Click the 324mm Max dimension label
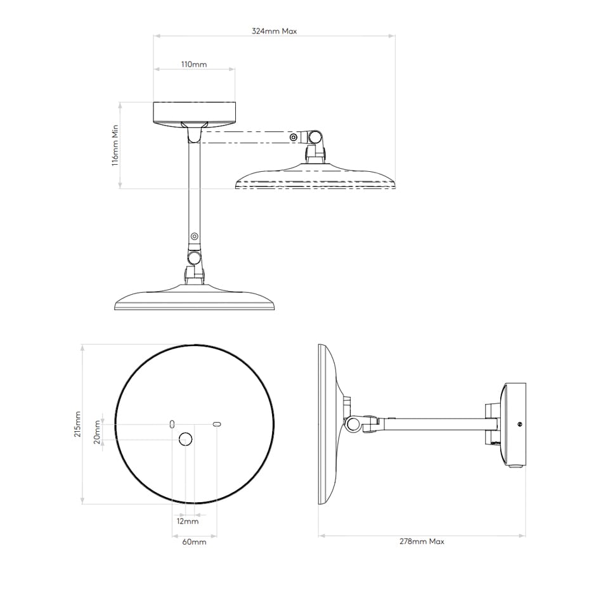pos(274,31)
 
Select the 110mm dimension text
pos(194,64)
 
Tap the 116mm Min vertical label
pos(115,145)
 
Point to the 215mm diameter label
pos(77,424)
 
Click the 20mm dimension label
pos(97,432)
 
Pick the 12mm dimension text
pos(188,521)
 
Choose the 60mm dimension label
pos(194,542)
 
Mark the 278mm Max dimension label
pos(422,541)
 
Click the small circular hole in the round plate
pos(186,439)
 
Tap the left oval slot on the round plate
pos(172,424)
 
